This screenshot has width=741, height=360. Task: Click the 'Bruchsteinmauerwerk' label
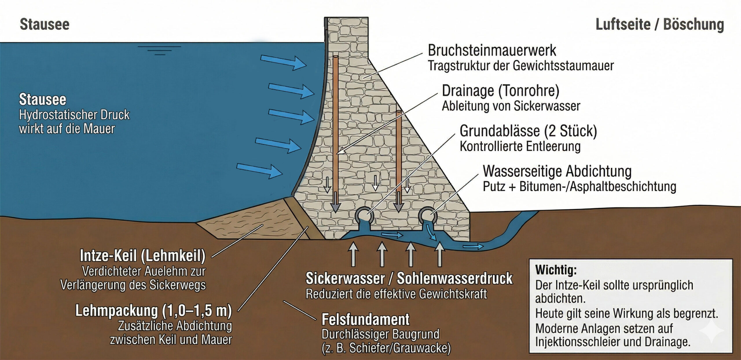coord(492,51)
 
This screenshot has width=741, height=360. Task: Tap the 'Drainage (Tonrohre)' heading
coord(500,91)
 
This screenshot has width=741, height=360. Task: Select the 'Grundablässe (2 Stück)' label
coord(528,131)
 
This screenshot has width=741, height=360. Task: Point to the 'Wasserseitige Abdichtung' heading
coord(557,171)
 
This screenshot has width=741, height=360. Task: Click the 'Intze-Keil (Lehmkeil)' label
coord(143,256)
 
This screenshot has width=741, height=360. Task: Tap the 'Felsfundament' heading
coord(366,319)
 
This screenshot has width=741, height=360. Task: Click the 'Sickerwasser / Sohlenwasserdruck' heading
coord(409,279)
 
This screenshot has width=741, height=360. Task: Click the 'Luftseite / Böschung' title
coord(660,24)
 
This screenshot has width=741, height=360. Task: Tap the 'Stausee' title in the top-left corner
coord(45,24)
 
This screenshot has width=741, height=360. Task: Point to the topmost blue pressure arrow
coord(283,62)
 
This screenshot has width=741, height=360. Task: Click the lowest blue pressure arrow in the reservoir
coord(260,170)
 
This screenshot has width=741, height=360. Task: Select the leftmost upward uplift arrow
coord(353,254)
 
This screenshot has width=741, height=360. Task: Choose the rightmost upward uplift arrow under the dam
coord(440,254)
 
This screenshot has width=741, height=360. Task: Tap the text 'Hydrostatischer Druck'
coord(74,115)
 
